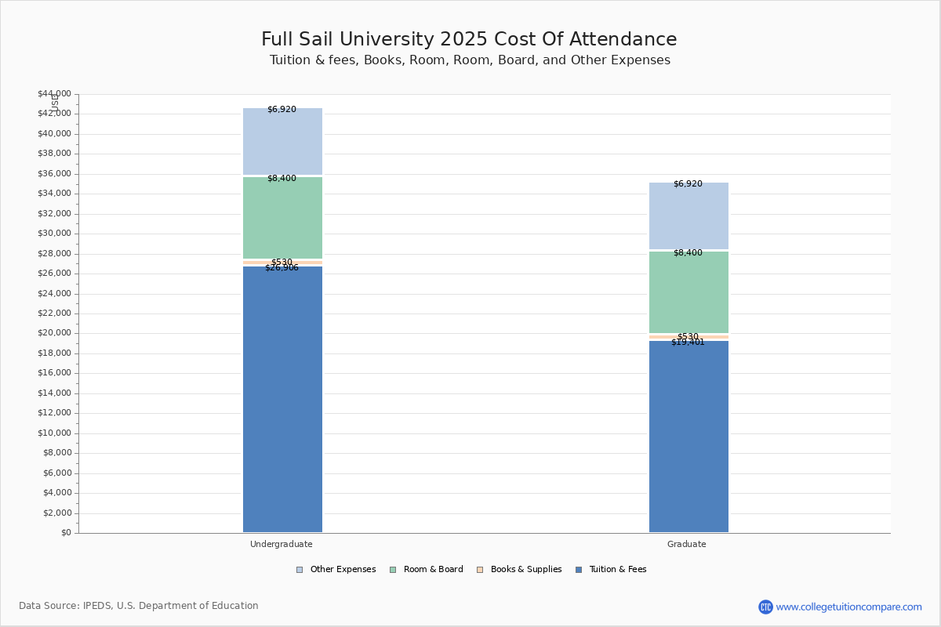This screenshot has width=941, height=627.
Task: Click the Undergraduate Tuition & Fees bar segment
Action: click(282, 400)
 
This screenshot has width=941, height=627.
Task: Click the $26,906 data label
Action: click(282, 268)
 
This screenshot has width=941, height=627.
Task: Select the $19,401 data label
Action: click(688, 342)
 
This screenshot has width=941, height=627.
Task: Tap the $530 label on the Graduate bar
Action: click(688, 336)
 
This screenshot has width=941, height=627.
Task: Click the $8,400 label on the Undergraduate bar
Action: click(282, 179)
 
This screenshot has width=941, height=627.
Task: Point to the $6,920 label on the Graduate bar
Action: click(688, 184)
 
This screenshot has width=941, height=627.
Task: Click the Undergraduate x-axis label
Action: click(282, 544)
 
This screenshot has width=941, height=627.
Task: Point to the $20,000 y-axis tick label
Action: click(54, 333)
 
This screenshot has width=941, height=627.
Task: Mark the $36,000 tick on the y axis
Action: click(54, 173)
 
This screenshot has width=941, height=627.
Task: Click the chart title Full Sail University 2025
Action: click(469, 40)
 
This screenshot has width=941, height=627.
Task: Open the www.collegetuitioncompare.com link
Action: click(848, 607)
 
